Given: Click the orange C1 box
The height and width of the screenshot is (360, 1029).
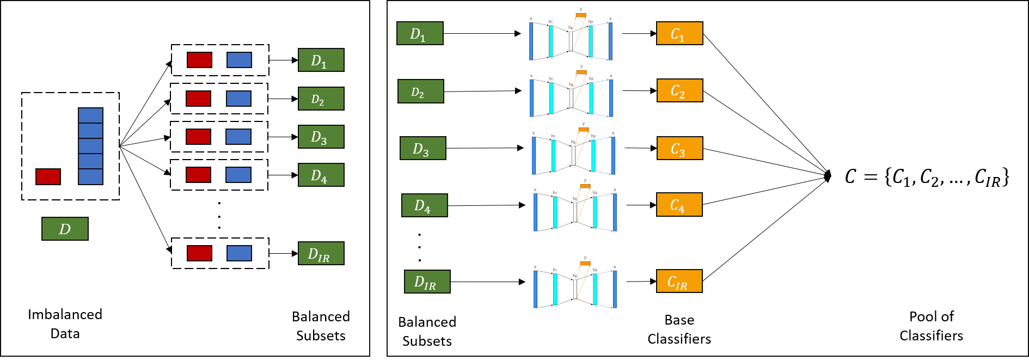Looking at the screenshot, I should tap(679, 33).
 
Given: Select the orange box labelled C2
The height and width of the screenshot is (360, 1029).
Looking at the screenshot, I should tap(679, 90).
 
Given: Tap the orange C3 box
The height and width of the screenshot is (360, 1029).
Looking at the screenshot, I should tap(679, 148).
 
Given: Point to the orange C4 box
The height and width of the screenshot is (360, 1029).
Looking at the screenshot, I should tap(679, 205).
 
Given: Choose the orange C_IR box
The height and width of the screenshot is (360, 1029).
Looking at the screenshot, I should tap(679, 281).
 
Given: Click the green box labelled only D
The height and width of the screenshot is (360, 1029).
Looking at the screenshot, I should tap(65, 229).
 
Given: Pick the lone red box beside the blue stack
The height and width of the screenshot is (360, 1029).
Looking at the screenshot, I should tap(48, 176).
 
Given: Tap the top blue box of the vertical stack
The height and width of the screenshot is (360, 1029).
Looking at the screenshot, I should tap(90, 115).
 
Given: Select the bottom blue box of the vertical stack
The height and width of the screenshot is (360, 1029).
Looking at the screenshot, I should tap(90, 176).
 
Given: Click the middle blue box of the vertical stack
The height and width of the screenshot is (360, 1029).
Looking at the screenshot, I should tap(90, 146).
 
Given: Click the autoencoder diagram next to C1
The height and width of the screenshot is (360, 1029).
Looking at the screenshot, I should tap(571, 33).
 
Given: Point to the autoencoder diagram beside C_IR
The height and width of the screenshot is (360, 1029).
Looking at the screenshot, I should tap(575, 282).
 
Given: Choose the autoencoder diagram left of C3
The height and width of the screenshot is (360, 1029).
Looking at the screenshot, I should tap(574, 148).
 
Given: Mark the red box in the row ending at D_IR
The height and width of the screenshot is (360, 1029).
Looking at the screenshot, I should tap(199, 253).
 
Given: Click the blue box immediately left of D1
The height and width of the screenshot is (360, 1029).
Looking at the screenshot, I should tap(239, 60).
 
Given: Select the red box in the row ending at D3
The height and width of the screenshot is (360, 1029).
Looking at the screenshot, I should tap(198, 137).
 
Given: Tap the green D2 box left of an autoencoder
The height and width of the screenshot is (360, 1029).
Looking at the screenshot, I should tap(420, 91).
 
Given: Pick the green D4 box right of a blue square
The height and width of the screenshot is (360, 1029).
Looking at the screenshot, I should tap(321, 175).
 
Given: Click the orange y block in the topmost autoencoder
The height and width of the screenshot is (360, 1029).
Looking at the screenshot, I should tap(581, 15).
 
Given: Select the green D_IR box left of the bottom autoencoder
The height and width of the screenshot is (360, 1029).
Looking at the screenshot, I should tap(427, 282).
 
